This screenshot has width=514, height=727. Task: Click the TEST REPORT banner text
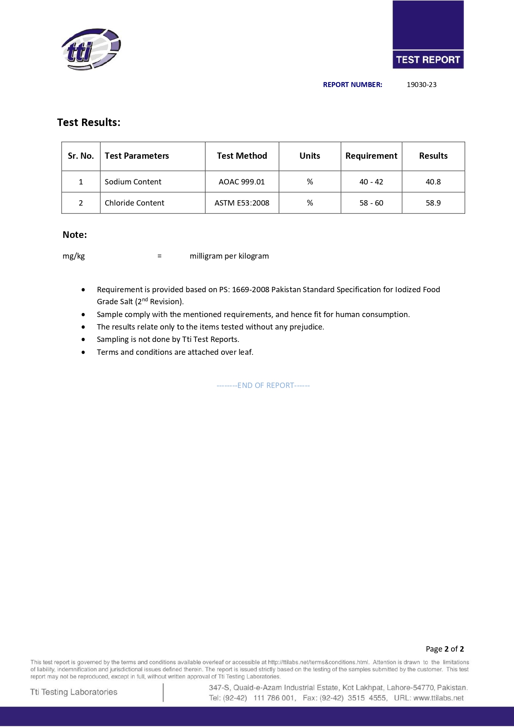pyautogui.click(x=428, y=60)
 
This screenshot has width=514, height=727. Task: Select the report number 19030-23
pyautogui.click(x=421, y=85)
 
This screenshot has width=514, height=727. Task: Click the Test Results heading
pyautogui.click(x=89, y=122)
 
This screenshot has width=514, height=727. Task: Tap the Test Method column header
pyautogui.click(x=242, y=156)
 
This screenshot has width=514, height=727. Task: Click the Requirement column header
pyautogui.click(x=371, y=156)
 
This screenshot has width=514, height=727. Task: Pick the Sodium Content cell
pyautogui.click(x=133, y=182)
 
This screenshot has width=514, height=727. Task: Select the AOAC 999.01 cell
pyautogui.click(x=241, y=182)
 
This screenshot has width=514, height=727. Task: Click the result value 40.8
pyautogui.click(x=433, y=182)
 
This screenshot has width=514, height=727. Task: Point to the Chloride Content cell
pyautogui.click(x=134, y=203)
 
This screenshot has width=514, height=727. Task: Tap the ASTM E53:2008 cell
pyautogui.click(x=242, y=203)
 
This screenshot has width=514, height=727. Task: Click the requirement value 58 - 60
pyautogui.click(x=371, y=203)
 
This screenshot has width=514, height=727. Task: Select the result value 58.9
pyautogui.click(x=433, y=203)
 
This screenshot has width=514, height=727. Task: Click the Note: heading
pyautogui.click(x=75, y=235)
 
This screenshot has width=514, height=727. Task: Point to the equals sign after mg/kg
pyautogui.click(x=159, y=256)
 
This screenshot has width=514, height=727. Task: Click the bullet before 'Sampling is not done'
pyautogui.click(x=84, y=339)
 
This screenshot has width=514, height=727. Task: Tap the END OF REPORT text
pyautogui.click(x=263, y=385)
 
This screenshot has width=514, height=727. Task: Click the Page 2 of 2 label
pyautogui.click(x=444, y=649)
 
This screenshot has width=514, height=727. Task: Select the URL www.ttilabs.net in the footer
pyautogui.click(x=438, y=698)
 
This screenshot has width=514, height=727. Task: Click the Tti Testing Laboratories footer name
pyautogui.click(x=74, y=692)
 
